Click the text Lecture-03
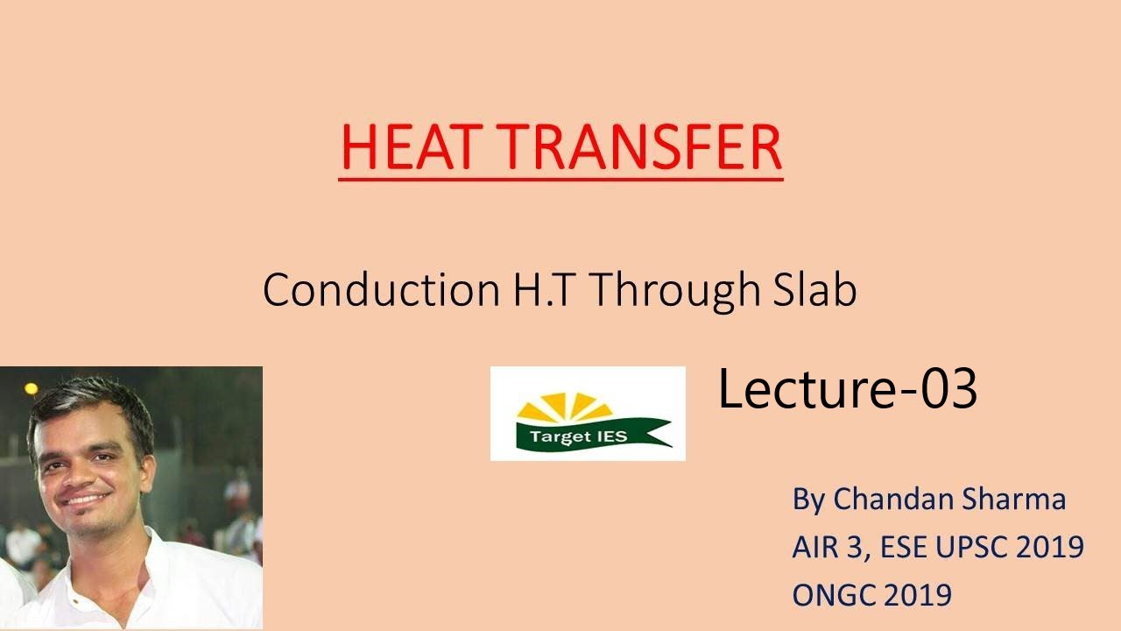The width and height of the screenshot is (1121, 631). (847, 389)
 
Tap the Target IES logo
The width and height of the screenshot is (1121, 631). (588, 414)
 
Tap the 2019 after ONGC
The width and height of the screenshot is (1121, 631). (917, 596)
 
